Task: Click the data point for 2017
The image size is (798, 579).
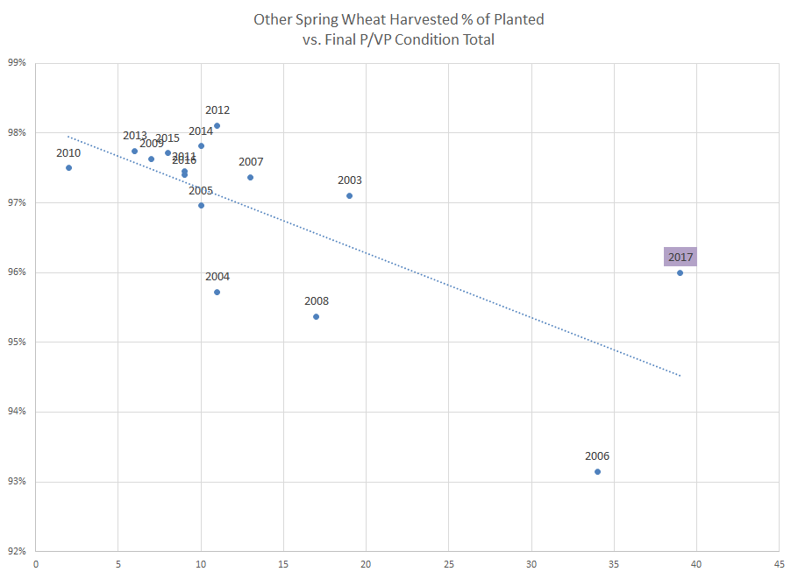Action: (680, 272)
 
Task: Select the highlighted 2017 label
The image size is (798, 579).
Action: (680, 257)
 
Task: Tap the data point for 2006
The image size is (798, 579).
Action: (597, 471)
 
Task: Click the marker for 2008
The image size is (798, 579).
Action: (316, 316)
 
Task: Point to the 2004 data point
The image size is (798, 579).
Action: (217, 292)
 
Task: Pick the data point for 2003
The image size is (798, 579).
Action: (349, 195)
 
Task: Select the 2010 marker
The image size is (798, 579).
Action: (68, 167)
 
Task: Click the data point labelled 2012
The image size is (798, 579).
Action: (217, 125)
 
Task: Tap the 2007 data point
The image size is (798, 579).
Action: (250, 177)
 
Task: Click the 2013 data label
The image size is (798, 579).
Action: (135, 136)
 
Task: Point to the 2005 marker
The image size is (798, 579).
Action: (201, 205)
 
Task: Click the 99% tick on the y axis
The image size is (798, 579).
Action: (18, 63)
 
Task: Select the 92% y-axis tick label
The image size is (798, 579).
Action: (18, 551)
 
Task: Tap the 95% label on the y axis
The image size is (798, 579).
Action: (18, 342)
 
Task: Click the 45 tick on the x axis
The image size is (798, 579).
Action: (780, 565)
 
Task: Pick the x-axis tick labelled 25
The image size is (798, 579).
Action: (448, 565)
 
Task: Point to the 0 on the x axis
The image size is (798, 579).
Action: (35, 565)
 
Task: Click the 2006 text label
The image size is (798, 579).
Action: (597, 456)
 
